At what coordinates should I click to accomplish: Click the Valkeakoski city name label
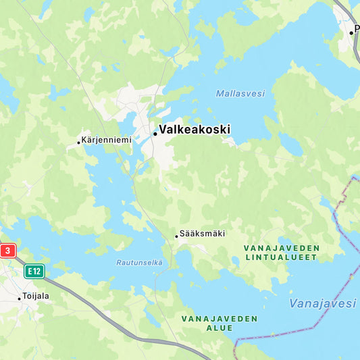195,129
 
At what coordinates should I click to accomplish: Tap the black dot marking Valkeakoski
155,134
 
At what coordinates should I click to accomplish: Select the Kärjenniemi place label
107,140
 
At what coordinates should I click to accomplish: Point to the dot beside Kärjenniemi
79,142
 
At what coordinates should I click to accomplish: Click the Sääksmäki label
203,234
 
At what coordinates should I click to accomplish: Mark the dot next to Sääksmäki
177,236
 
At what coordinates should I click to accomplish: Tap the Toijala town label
36,296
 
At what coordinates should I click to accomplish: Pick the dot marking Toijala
20,298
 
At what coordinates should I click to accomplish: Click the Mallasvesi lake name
240,93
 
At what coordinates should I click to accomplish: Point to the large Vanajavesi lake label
322,304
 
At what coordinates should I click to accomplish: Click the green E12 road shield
34,272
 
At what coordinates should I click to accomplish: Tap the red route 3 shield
7,251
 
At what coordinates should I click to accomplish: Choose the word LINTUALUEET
282,257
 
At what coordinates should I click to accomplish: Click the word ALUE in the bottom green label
220,328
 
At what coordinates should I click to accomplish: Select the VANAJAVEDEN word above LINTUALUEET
282,248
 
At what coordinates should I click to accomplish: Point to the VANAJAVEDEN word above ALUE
220,318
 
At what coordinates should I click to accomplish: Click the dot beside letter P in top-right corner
351,32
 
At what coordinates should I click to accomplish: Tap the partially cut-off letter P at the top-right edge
357,30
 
